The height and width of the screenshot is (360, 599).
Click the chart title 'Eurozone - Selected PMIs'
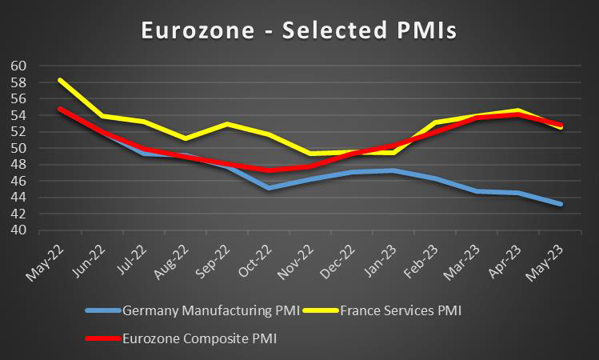(299, 30)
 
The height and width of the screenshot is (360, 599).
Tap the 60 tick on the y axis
(18, 66)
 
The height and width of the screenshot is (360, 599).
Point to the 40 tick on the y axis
(18, 230)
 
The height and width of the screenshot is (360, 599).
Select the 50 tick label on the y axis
(18, 148)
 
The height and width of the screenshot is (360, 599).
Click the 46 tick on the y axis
(18, 181)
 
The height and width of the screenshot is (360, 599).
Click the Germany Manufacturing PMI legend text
(210, 310)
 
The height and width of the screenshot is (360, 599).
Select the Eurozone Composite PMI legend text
(199, 338)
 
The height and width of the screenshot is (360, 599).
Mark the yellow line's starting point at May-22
(60, 80)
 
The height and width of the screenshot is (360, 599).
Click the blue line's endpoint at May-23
(561, 204)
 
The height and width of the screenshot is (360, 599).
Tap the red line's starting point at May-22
(60, 109)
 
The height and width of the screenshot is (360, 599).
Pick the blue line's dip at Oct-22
(269, 188)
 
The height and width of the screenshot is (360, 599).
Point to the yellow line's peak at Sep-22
(227, 124)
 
